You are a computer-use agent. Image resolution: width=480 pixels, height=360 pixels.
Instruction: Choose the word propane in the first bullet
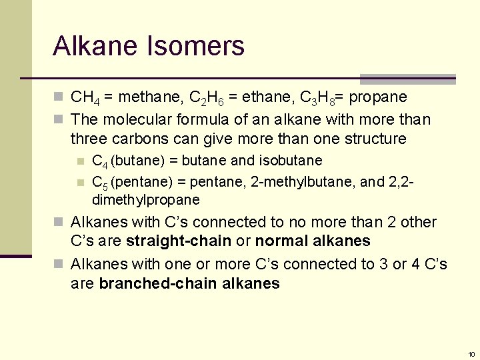click(378, 98)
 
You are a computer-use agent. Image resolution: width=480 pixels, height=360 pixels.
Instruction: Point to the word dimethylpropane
click(145, 200)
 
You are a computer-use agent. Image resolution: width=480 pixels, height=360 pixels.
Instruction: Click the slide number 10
click(471, 354)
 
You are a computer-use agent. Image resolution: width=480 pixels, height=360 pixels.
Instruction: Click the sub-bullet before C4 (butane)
click(81, 161)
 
